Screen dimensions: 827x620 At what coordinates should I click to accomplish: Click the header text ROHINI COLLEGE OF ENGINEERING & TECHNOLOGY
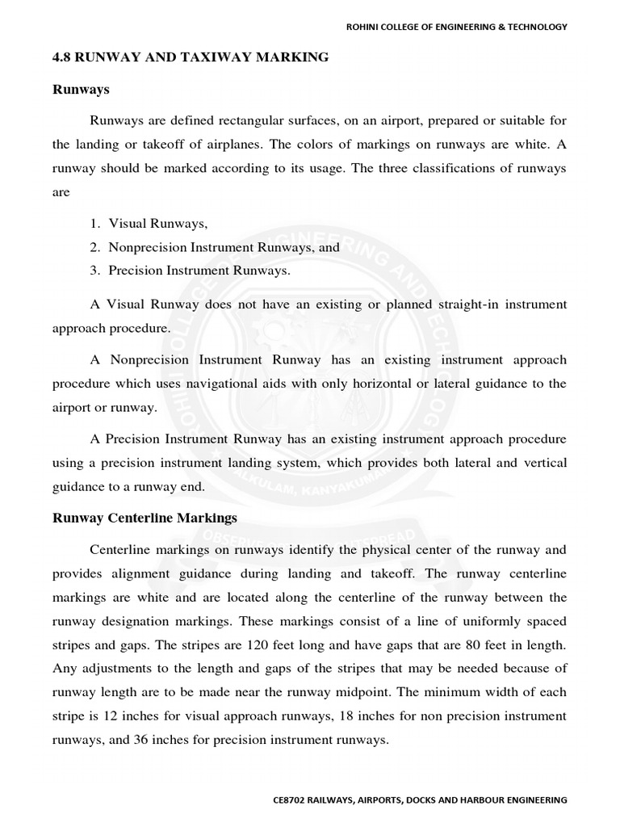coord(456,27)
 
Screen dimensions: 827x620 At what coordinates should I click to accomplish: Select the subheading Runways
coord(81,89)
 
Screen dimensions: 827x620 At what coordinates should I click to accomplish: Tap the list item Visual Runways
coord(153,224)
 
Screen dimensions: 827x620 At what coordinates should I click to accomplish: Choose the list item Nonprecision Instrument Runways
coord(213,247)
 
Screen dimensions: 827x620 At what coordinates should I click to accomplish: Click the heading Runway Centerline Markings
coord(145,517)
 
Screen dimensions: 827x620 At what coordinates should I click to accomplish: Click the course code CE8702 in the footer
coord(292,800)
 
